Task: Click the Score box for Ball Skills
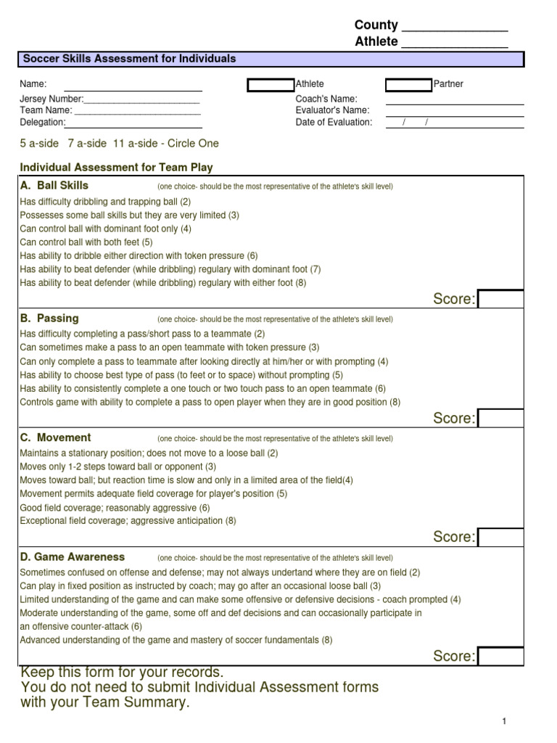(x=500, y=299)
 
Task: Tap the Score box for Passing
(x=500, y=418)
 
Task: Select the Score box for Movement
(x=500, y=537)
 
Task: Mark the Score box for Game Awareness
(x=500, y=656)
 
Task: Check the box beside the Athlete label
(x=271, y=85)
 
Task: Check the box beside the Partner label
(x=408, y=85)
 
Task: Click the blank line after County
(x=454, y=28)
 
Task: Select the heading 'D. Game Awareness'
(x=72, y=557)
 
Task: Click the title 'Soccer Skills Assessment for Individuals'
(x=130, y=59)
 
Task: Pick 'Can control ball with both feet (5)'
(x=86, y=242)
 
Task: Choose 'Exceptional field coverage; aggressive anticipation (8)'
(x=128, y=520)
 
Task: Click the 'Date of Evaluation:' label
(x=334, y=122)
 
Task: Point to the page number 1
(x=503, y=721)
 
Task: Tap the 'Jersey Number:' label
(x=51, y=99)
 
